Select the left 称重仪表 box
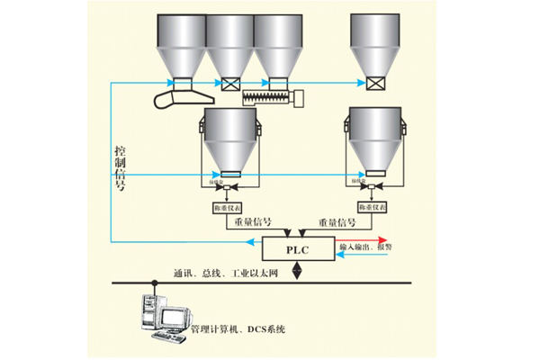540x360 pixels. point(225,208)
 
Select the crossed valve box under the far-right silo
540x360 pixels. point(375,84)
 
